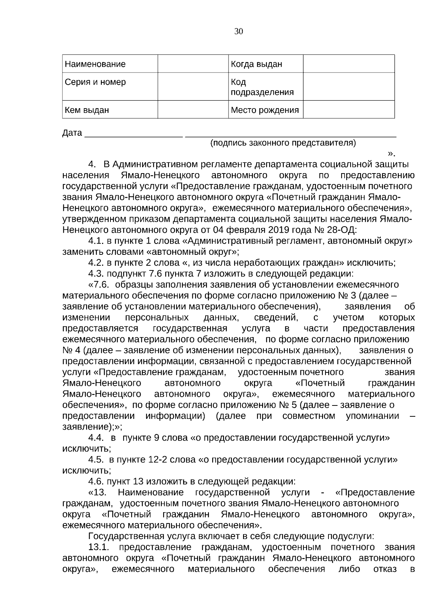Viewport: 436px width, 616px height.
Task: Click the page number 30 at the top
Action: tap(238, 32)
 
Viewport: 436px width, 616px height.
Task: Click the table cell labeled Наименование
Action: tap(95, 64)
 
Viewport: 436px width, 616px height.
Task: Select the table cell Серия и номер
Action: tap(95, 82)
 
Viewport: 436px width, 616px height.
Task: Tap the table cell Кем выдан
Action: tap(87, 110)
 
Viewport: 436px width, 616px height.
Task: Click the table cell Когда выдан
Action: tap(257, 64)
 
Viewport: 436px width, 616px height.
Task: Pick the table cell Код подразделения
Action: tap(262, 87)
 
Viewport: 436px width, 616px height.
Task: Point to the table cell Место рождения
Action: tap(265, 110)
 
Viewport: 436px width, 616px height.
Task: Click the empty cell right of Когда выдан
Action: tap(348, 64)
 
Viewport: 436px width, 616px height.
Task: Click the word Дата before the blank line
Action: tap(72, 133)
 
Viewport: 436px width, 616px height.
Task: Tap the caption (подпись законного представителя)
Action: tap(283, 143)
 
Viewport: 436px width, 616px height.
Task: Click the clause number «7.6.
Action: tap(99, 285)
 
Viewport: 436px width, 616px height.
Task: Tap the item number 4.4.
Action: tap(96, 438)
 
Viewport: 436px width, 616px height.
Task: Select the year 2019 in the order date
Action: tap(279, 230)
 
